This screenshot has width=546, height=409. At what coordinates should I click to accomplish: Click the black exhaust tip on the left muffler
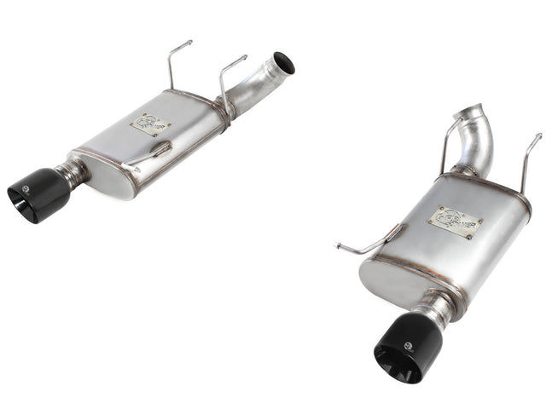point(38,194)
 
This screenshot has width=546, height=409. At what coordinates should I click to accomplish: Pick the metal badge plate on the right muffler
point(455,221)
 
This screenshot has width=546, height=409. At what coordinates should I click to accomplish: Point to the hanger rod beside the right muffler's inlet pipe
point(448,141)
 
